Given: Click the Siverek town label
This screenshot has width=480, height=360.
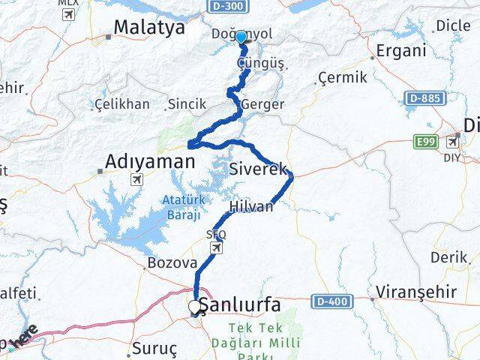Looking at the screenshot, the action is tap(259, 169).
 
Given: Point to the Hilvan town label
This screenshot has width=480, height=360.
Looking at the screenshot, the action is tap(251, 206).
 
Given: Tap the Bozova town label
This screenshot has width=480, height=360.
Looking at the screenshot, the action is tap(172, 263).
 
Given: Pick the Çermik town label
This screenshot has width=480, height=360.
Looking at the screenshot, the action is tap(343, 77).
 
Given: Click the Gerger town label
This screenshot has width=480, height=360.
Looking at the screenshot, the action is tap(263, 104).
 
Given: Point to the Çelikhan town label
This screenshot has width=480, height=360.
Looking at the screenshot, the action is tap(121, 104).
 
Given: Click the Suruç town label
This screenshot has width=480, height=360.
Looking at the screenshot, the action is tap(153, 349).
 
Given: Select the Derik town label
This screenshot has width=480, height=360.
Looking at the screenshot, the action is tap(448, 257).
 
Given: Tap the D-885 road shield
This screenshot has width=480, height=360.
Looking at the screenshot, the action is tap(424, 98).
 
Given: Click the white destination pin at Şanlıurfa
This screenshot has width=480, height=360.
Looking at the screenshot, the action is tap(194, 307).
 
